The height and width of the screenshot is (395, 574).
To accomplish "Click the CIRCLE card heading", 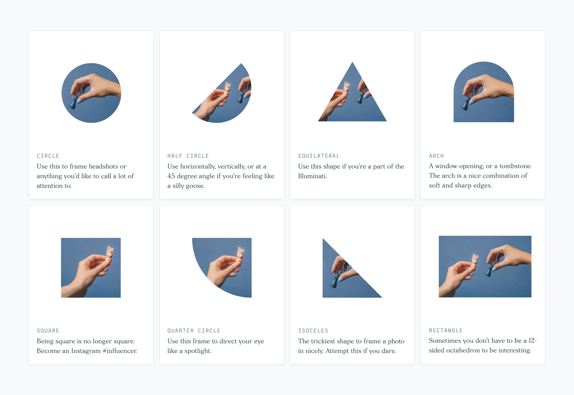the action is [48, 156].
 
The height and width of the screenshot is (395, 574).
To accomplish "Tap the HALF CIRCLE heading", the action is [188, 156].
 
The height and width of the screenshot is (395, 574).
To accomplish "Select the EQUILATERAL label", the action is [319, 156].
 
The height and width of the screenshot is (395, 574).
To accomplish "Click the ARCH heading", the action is [436, 156].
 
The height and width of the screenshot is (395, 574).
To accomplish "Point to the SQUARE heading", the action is [48, 331].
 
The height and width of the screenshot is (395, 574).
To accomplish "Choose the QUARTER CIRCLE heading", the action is [194, 331].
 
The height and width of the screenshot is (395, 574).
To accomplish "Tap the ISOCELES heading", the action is [313, 331].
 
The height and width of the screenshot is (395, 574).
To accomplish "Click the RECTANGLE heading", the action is [446, 330].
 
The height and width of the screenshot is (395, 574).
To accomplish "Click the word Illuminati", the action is [312, 176].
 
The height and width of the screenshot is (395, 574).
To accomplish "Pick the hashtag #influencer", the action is [120, 350].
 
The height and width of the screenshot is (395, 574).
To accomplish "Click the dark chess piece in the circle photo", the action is [73, 102].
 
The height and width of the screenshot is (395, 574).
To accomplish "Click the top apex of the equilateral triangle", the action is [352, 62].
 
